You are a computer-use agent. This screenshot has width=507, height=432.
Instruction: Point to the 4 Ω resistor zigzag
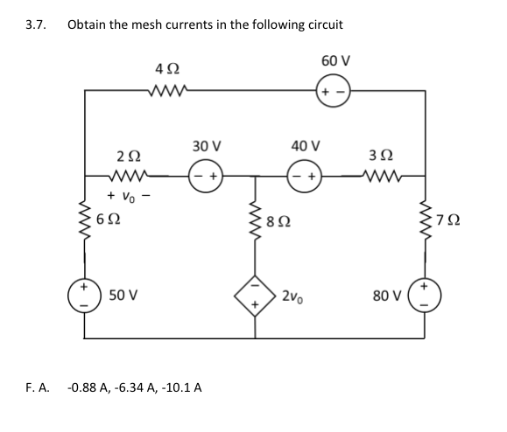pos(166,90)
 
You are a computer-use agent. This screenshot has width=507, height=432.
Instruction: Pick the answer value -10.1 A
pos(181,386)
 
